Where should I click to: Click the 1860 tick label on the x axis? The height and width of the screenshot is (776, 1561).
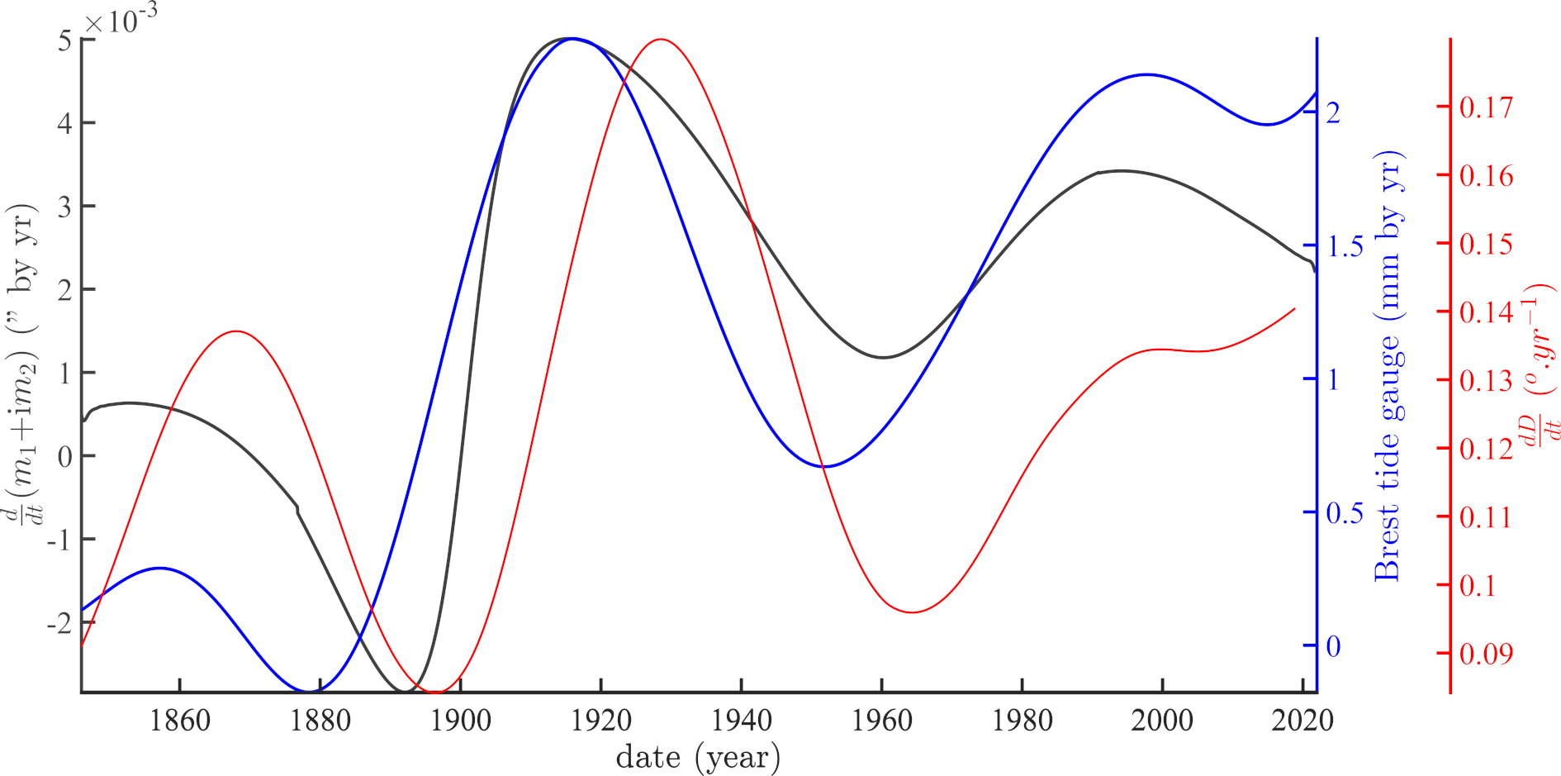(179, 721)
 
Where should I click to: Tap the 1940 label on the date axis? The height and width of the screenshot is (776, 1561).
(741, 721)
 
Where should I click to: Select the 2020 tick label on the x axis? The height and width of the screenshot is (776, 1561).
(1302, 721)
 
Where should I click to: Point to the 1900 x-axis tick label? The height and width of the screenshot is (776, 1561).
(460, 721)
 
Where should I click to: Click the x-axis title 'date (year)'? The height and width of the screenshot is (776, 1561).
(698, 757)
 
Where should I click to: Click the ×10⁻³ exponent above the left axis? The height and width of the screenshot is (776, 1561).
(121, 20)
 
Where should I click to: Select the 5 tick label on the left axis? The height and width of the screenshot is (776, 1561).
(65, 40)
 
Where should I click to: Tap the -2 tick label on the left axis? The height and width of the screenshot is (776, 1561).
(59, 623)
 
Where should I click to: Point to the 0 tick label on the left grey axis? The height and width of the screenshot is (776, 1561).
(65, 456)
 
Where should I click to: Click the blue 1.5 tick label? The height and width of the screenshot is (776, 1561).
(1345, 246)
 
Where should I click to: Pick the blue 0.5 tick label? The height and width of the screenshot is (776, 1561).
(1345, 513)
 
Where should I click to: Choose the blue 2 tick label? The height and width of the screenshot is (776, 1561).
(1333, 112)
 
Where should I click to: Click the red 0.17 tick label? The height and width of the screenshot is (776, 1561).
(1486, 107)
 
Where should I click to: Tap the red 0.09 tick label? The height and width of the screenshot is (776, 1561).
(1486, 654)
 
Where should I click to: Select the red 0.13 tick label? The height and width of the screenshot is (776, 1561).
(1486, 381)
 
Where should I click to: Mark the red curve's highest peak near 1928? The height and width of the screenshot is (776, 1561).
(661, 39)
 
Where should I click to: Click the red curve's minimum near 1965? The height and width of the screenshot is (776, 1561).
(912, 612)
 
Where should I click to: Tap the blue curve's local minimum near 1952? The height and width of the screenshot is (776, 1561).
(823, 467)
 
